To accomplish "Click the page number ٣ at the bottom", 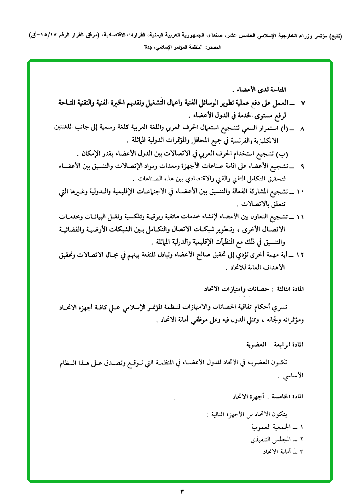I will (x=183, y=491).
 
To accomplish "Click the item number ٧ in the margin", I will (x=303, y=103).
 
